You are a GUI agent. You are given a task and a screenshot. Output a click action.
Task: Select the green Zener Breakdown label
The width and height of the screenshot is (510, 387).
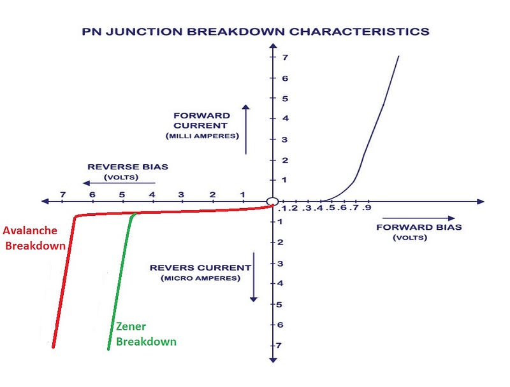[x=145, y=334]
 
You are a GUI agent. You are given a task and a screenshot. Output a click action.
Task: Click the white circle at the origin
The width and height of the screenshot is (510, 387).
[x=272, y=201]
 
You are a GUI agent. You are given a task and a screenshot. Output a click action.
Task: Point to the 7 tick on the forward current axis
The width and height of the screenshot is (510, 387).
[x=287, y=58]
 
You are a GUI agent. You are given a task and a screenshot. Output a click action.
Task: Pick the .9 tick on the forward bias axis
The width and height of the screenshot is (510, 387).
[x=367, y=208]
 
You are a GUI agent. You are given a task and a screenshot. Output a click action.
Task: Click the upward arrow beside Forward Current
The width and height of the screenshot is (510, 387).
[x=245, y=129]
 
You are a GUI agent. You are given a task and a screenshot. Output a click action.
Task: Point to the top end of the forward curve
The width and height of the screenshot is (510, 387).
[x=399, y=57]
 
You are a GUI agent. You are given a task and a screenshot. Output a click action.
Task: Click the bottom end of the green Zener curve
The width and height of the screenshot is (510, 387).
[x=108, y=349]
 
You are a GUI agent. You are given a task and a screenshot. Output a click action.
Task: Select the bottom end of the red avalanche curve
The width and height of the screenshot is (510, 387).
[x=53, y=347]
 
